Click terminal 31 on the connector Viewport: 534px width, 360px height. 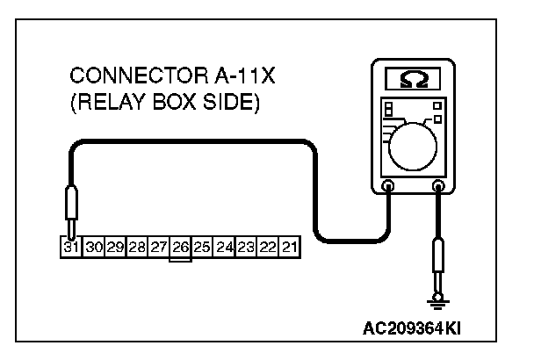[x=71, y=247]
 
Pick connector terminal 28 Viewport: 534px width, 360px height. [x=137, y=247]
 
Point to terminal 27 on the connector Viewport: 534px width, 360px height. [x=159, y=247]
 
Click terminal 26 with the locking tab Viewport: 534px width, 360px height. [x=181, y=247]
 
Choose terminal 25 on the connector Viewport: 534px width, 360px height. [x=202, y=247]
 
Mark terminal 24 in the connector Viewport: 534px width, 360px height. [x=225, y=247]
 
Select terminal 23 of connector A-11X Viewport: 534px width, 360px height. [x=247, y=247]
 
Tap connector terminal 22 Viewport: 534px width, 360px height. [x=269, y=247]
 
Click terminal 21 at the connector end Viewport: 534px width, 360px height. [x=289, y=247]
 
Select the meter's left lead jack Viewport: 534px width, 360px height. [x=387, y=185]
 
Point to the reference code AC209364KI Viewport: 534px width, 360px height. [x=412, y=330]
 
